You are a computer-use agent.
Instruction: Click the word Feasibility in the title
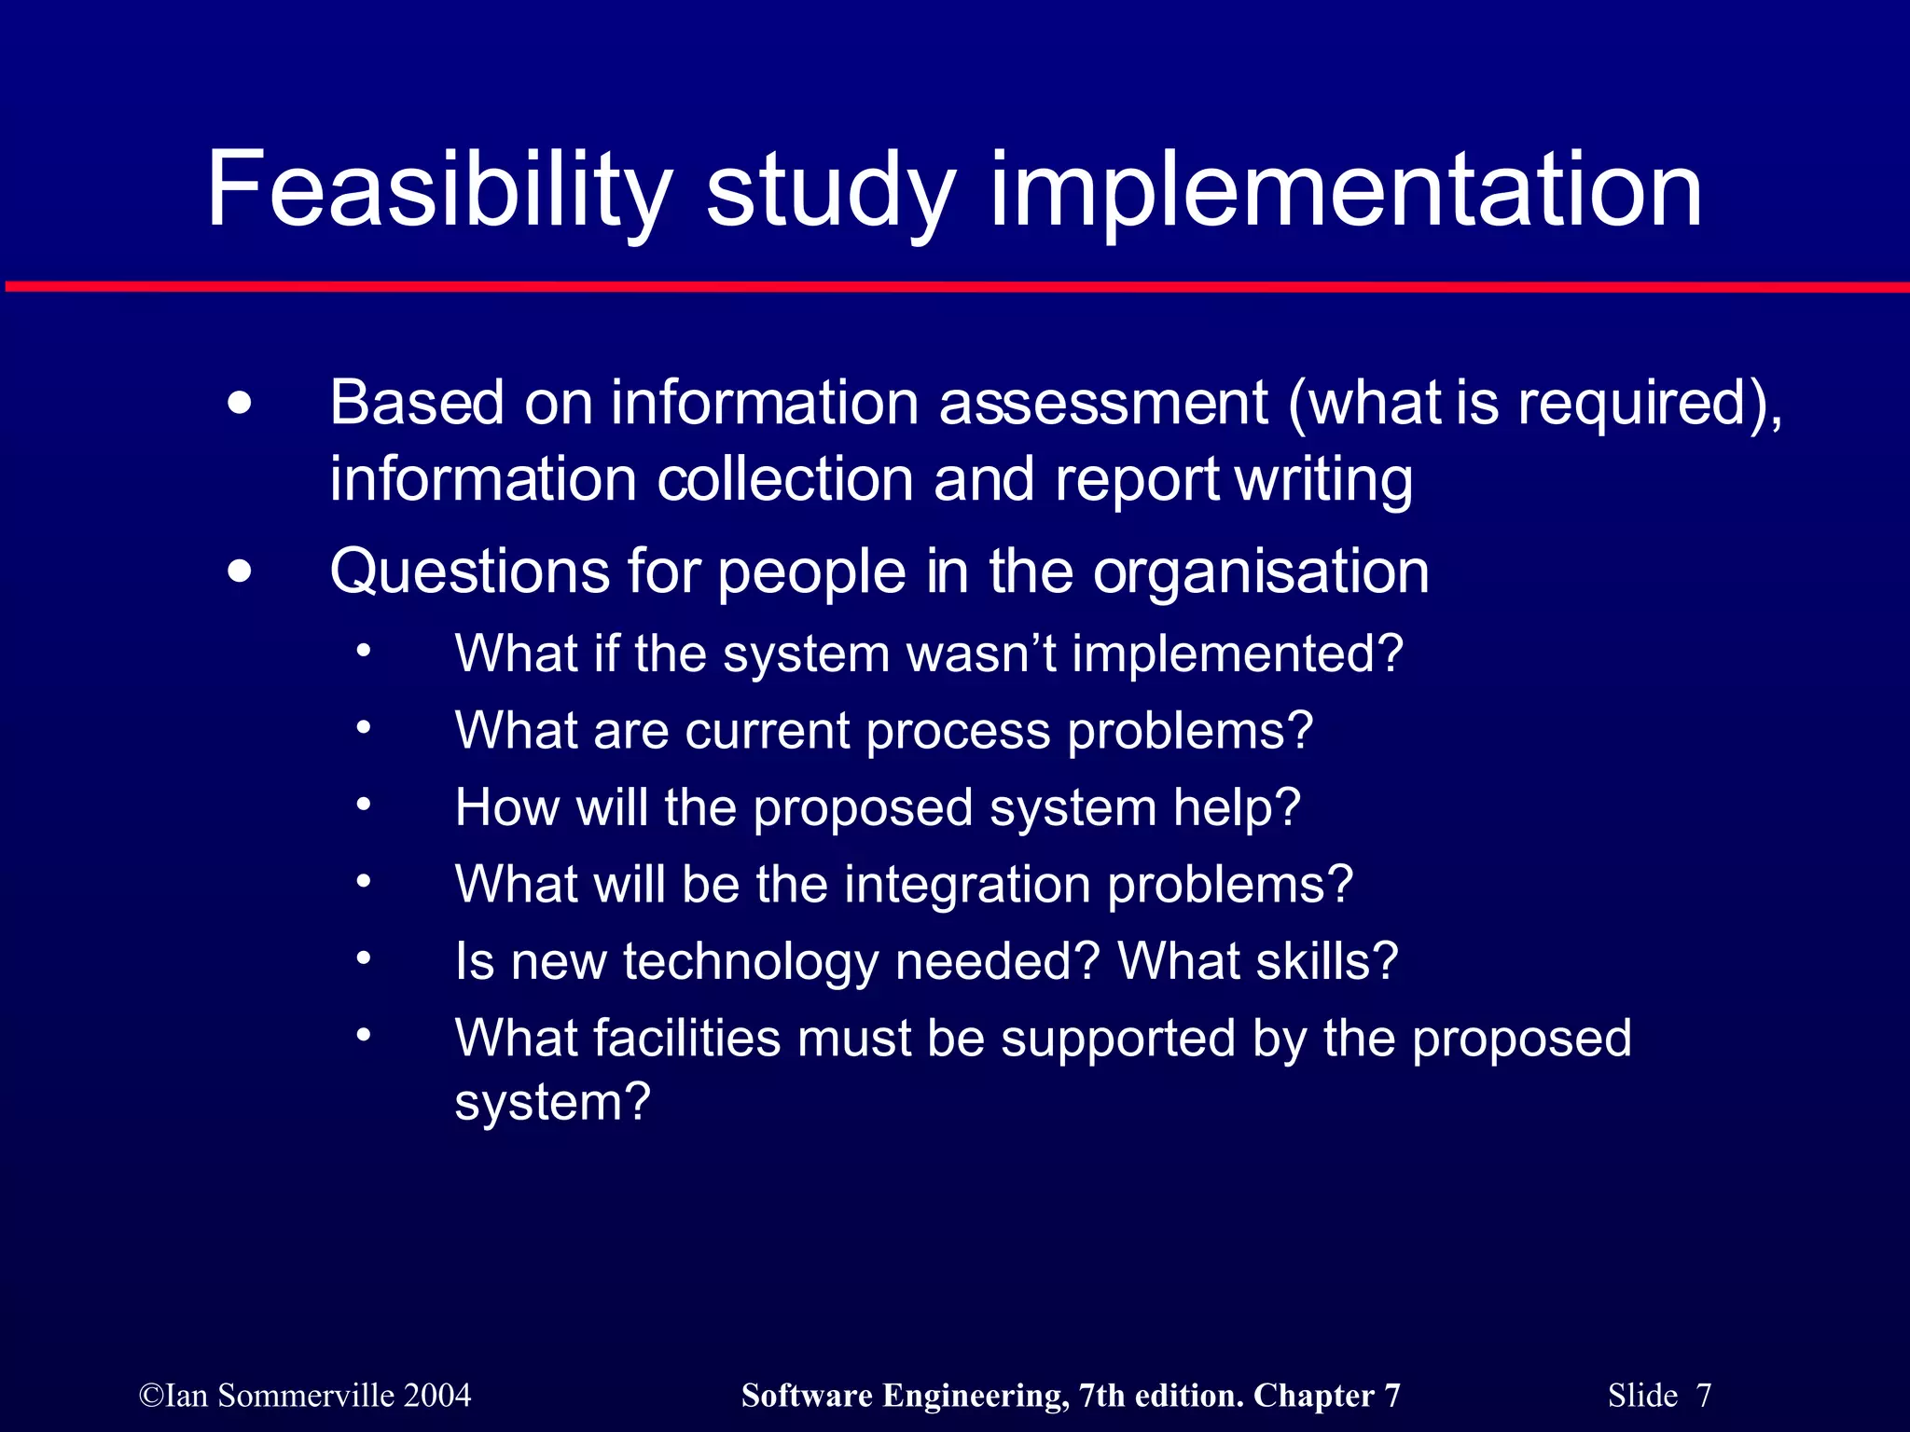438,191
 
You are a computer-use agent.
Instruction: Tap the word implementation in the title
1345,191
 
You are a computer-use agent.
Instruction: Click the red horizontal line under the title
955,287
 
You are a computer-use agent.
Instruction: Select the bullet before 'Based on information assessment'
240,405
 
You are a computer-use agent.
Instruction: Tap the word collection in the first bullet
785,479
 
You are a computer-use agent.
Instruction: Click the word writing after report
1323,479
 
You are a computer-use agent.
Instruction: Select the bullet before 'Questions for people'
240,571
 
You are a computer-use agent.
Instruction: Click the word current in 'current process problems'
768,731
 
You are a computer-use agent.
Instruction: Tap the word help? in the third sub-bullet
1237,807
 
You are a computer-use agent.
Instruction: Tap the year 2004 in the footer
437,1396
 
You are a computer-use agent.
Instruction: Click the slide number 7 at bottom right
1704,1396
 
